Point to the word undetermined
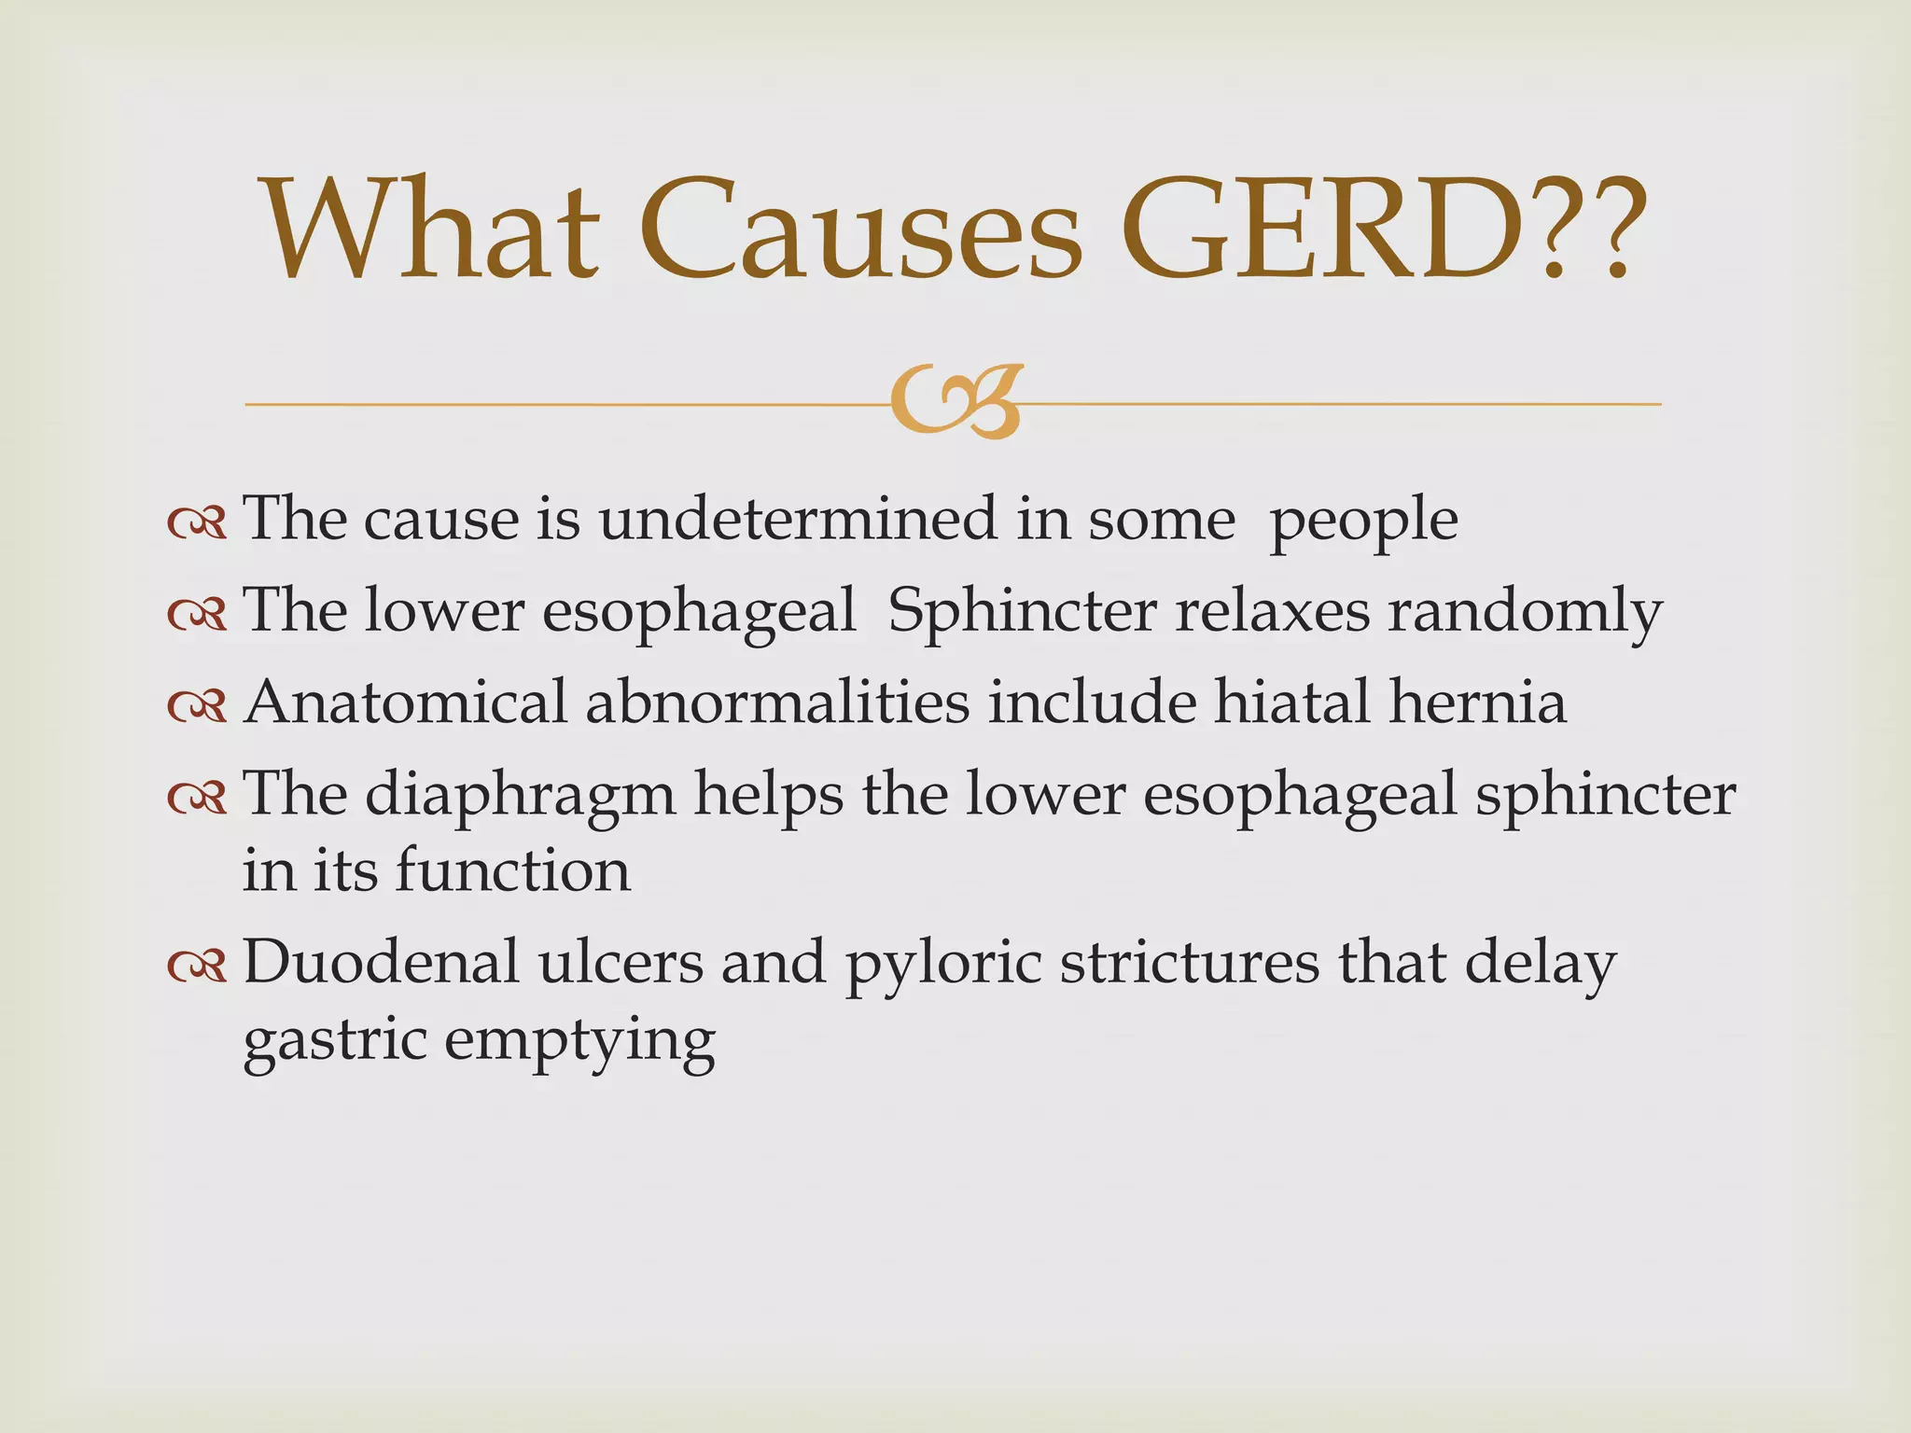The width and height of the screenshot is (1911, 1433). tap(798, 519)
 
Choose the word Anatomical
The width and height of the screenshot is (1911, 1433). tap(405, 702)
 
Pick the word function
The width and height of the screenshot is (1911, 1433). tap(513, 870)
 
